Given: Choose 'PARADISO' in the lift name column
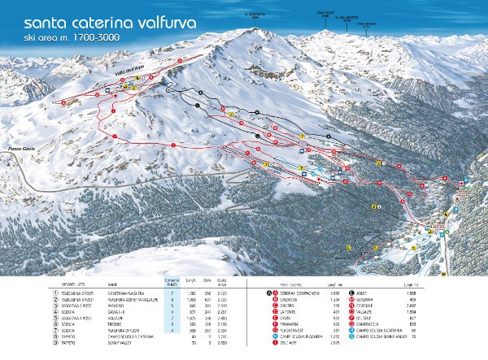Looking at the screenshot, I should point(114,304).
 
